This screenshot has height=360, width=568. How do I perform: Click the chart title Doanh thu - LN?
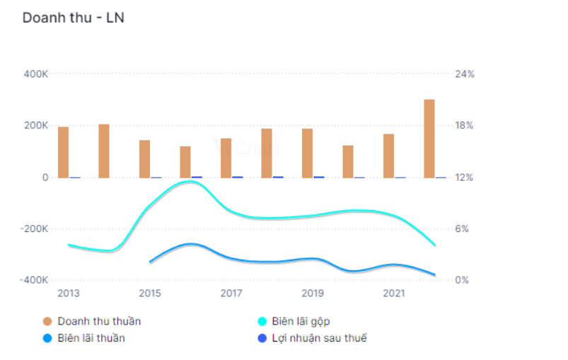pos(73,18)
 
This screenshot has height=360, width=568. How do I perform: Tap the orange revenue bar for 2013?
pos(63,152)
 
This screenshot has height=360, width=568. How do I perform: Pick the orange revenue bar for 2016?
pos(185,162)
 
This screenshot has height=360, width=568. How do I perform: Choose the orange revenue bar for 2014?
pos(104,151)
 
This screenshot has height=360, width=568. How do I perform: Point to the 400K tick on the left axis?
pos(35,74)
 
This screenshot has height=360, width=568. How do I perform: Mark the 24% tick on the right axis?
pos(464,74)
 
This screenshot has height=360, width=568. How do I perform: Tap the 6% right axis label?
pos(461,229)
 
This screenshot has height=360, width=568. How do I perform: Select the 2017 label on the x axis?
pos(231,294)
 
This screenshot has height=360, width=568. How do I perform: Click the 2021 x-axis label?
pos(394,294)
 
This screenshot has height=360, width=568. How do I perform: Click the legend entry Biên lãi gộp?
pos(301,321)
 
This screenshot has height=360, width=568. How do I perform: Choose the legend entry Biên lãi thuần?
pos(91,338)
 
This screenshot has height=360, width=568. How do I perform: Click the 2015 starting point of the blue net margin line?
pos(150,262)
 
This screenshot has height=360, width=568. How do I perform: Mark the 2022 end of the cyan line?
pos(435,246)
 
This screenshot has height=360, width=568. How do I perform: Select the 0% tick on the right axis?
pos(461,281)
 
